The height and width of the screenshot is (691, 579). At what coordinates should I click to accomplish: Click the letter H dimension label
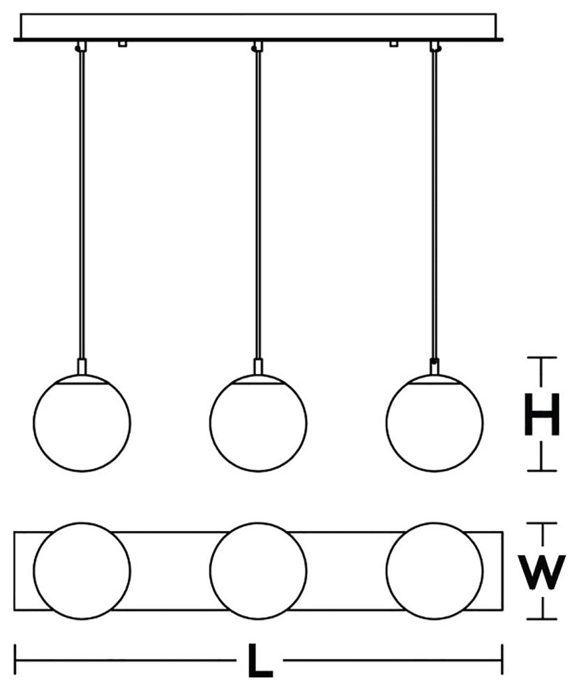541,414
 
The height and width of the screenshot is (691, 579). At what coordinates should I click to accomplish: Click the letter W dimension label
541,573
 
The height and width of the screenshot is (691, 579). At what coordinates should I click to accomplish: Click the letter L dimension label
260,660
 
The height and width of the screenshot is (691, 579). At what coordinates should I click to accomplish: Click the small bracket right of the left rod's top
123,44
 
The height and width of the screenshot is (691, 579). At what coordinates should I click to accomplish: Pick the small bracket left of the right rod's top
394,44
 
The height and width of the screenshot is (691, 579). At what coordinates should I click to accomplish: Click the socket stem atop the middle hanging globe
258,366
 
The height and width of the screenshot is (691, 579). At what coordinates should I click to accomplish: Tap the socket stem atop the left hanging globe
82,366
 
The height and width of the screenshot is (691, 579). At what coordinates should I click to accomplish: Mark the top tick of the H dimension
541,357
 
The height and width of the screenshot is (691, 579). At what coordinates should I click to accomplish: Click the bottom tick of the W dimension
541,619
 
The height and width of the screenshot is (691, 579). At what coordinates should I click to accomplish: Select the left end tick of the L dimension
16,660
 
